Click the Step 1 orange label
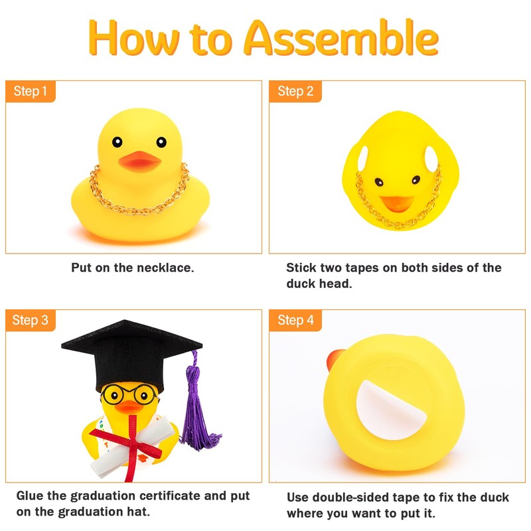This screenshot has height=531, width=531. tap(31, 91)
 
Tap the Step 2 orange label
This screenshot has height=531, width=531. tap(295, 91)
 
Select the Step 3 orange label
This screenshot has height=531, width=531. tap(31, 321)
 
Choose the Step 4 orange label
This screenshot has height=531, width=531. tap(295, 321)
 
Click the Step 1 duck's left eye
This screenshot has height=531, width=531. tap(117, 141)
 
